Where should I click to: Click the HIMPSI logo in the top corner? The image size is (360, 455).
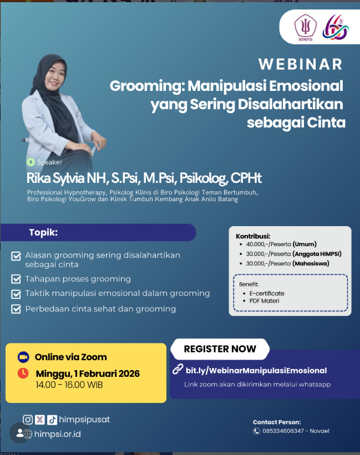pos(306,28)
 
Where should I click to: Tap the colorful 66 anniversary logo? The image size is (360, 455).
pos(336,27)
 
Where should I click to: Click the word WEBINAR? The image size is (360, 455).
pos(301,64)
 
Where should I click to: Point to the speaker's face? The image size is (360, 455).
pos(54,76)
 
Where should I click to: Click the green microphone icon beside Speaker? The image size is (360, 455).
pos(31,162)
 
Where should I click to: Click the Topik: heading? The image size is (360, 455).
pos(43,232)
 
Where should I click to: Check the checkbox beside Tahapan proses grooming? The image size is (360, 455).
pos(16,279)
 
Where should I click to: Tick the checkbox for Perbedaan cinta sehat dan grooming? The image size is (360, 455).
pos(16,309)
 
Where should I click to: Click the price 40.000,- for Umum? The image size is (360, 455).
pos(257,244)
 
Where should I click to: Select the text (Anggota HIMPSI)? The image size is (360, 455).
pos(317,254)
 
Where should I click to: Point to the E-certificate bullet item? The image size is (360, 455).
pos(267,293)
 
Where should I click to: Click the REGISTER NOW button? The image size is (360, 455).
pos(220,349)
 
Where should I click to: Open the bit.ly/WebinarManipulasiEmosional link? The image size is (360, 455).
pos(256,371)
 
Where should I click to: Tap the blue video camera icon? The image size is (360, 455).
pos(23,357)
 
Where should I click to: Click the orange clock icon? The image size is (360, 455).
pos(23,373)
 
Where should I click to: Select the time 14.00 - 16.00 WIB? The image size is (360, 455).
pos(69,385)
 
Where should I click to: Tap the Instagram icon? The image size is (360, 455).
pos(28,420)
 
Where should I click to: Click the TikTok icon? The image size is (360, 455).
pos(52,420)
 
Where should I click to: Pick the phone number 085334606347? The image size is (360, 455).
pos(283,431)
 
